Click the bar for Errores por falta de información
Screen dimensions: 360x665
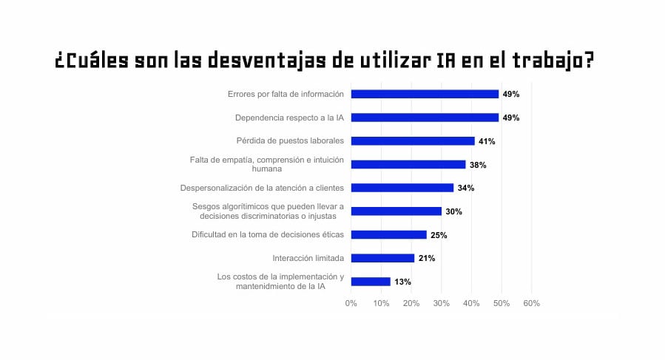425,94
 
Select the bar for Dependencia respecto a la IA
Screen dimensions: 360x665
425,118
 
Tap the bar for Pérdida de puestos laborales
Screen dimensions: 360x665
413,140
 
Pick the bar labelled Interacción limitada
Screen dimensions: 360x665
382,258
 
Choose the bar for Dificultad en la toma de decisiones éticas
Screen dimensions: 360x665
388,234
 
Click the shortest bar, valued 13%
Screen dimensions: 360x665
371,282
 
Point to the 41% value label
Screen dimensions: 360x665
487,141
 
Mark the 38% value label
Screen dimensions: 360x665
478,165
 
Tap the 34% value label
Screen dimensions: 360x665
466,188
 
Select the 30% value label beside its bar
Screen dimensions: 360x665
453,211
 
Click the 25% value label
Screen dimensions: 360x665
439,235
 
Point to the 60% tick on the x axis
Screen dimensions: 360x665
531,303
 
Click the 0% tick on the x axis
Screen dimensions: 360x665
351,303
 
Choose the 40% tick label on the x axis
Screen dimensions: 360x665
471,303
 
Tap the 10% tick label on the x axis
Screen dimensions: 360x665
382,303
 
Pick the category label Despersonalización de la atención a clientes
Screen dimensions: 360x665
262,188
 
